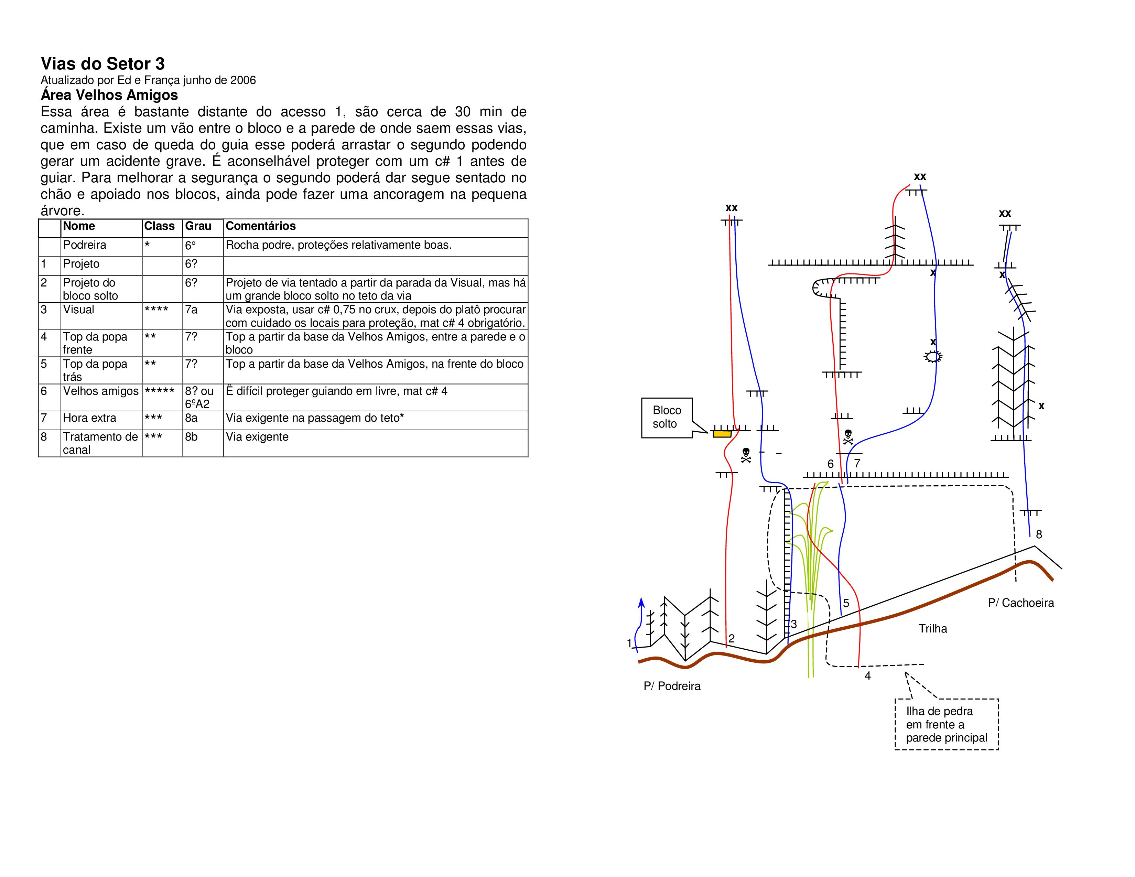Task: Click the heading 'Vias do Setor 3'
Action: pyautogui.click(x=103, y=64)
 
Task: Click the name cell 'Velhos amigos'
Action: pyautogui.click(x=101, y=391)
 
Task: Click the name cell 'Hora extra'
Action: pyautogui.click(x=89, y=418)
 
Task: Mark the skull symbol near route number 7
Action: pyautogui.click(x=847, y=436)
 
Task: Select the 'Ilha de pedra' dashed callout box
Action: pyautogui.click(x=947, y=724)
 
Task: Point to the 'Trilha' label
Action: pyautogui.click(x=933, y=629)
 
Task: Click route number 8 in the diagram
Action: pyautogui.click(x=1039, y=534)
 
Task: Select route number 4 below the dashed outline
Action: pyautogui.click(x=867, y=676)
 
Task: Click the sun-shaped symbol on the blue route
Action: pyautogui.click(x=933, y=356)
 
